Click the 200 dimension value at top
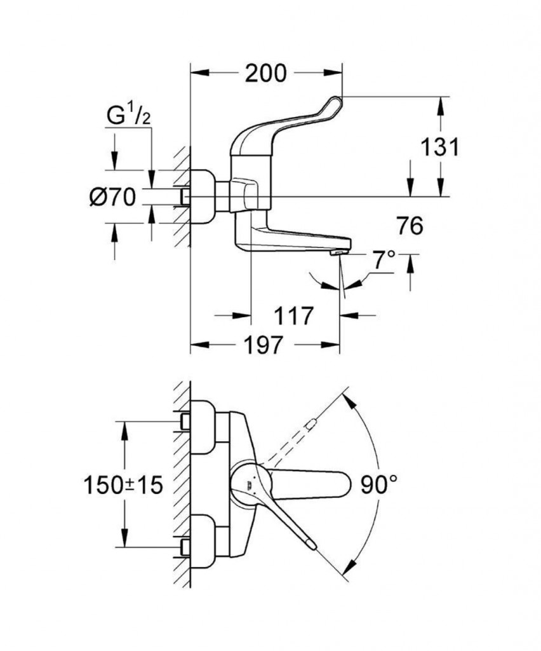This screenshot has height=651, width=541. tap(266, 74)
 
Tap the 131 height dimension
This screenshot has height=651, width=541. tap(439, 147)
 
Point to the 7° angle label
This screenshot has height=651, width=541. tap(384, 260)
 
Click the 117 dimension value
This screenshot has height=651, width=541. tap(294, 315)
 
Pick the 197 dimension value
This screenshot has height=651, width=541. tap(264, 346)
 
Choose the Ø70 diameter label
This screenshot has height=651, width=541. tap(112, 198)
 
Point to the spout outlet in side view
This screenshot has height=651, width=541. tap(338, 253)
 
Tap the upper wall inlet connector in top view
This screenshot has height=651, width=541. tap(203, 426)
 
